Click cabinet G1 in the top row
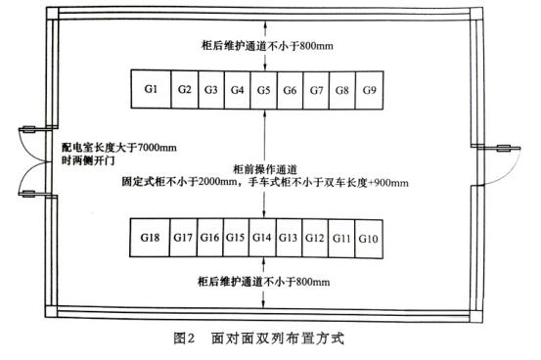[151, 89]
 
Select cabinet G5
[264, 89]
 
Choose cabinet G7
[316, 89]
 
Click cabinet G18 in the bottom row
[150, 238]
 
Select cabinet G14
[261, 238]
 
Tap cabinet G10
[369, 238]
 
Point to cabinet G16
[209, 238]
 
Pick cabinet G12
[315, 238]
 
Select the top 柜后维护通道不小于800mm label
[265, 44]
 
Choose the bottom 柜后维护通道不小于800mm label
[265, 283]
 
